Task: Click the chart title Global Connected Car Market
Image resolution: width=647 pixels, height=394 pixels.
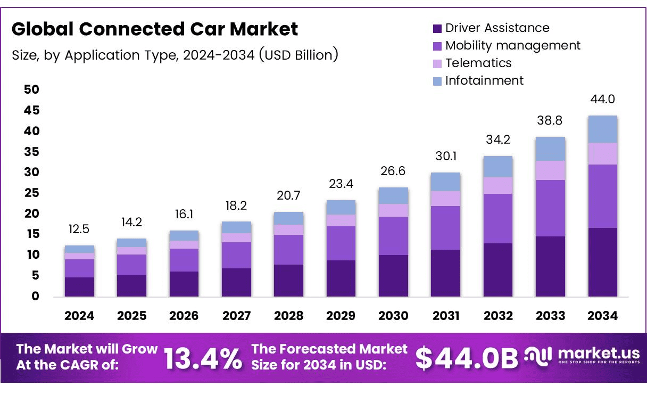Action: tap(155, 29)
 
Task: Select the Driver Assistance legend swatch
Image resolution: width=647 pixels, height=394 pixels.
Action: tap(437, 28)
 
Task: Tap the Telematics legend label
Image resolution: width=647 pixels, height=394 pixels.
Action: tap(478, 63)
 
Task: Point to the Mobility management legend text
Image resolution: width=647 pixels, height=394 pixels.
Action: tap(513, 45)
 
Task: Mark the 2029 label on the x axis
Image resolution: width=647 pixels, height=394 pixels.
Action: tap(341, 316)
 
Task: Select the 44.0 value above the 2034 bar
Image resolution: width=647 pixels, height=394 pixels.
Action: tap(602, 100)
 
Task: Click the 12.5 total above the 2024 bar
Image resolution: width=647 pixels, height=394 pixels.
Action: tap(79, 229)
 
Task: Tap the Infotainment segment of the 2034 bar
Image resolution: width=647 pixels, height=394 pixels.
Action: tap(602, 129)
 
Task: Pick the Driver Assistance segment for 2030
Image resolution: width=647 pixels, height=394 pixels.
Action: tap(393, 275)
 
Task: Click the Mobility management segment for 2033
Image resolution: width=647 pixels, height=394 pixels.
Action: tap(550, 208)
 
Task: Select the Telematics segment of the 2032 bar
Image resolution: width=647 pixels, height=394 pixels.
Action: tap(498, 185)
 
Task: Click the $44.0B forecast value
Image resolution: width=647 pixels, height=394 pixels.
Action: tap(467, 358)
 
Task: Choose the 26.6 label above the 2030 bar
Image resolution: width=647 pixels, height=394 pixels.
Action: tap(393, 171)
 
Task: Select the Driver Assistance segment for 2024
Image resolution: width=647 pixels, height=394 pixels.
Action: tap(79, 286)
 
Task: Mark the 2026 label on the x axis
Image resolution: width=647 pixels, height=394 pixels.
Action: tap(184, 316)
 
